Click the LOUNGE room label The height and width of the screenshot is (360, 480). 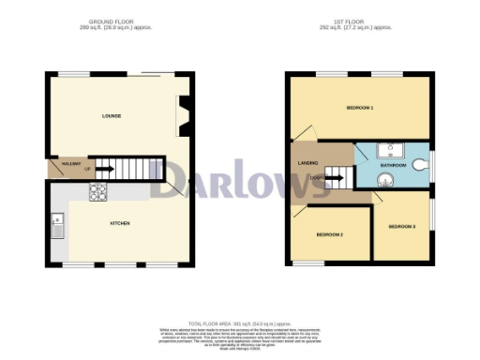click(x=112, y=116)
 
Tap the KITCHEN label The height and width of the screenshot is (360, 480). click(x=119, y=223)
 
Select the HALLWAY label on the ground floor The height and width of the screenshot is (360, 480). click(x=71, y=164)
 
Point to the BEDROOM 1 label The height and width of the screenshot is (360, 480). click(x=360, y=109)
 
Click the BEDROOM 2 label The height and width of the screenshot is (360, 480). click(x=328, y=233)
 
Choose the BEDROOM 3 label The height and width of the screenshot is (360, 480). click(x=401, y=226)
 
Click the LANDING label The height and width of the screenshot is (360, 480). click(x=307, y=163)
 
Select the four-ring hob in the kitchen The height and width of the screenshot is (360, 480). click(x=97, y=191)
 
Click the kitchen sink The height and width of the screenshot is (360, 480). click(x=56, y=226)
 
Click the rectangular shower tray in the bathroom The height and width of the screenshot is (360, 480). click(x=391, y=149)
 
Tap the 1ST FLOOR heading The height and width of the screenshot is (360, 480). click(x=360, y=20)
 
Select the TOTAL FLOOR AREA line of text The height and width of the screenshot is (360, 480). click(x=240, y=322)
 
